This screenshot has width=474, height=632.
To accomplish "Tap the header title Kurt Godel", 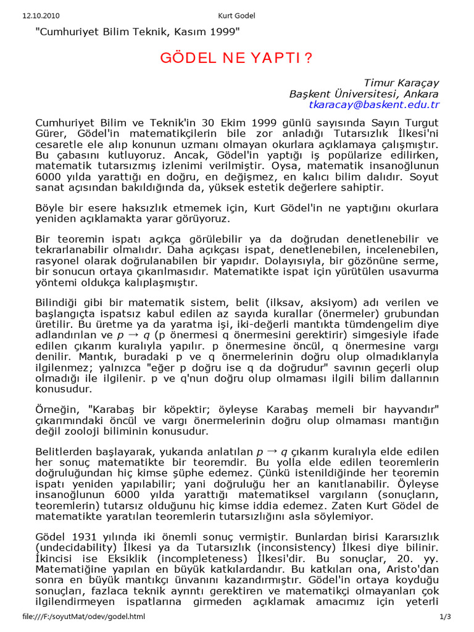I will tap(236, 15).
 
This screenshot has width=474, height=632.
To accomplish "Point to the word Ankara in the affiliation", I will tap(422, 94).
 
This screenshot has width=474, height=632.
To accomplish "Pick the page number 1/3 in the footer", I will tap(446, 617).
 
